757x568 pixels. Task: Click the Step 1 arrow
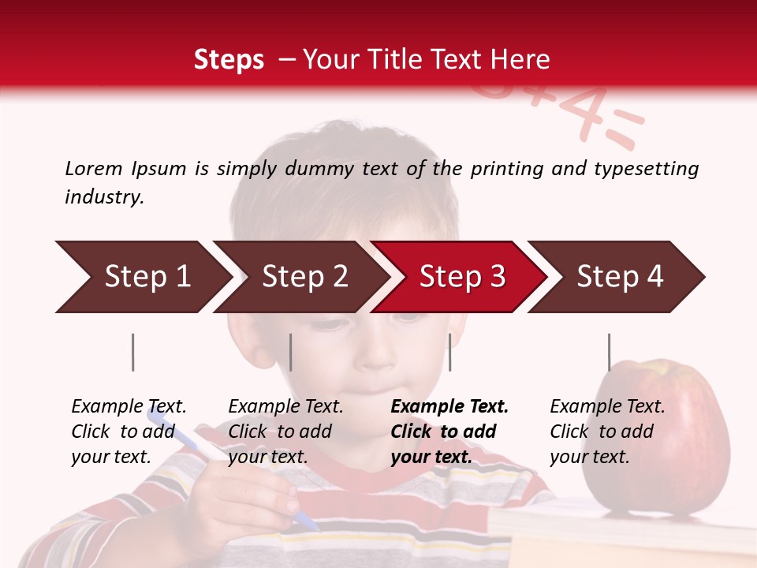(x=142, y=277)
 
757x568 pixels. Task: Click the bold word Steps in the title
(x=229, y=59)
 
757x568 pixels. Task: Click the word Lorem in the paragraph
(x=94, y=168)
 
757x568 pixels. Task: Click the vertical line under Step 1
(x=133, y=352)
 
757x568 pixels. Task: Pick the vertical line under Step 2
(x=291, y=352)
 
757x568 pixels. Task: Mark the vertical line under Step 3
(x=449, y=352)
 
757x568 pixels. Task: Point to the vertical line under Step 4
(x=609, y=352)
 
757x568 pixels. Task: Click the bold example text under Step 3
(x=449, y=432)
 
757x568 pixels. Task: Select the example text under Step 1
(x=129, y=432)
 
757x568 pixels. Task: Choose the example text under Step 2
(x=285, y=432)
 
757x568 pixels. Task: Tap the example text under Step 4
(x=607, y=432)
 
